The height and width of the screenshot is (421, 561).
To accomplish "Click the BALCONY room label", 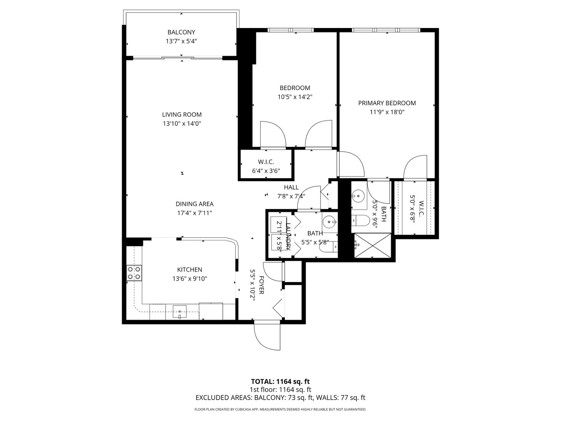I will click(x=181, y=32).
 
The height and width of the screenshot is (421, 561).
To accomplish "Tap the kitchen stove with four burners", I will click(x=134, y=272).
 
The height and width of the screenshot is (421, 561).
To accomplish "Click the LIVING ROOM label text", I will click(x=182, y=115).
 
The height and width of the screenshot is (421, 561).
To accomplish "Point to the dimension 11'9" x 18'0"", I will click(x=387, y=112).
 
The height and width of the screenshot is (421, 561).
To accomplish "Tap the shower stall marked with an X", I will click(x=372, y=246).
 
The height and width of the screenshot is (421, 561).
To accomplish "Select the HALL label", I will click(x=291, y=188).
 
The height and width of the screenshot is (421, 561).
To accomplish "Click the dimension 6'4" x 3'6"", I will click(x=266, y=171).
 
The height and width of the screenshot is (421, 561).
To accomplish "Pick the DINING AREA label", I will click(x=194, y=204).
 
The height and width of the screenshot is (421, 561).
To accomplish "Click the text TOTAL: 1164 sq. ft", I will click(x=280, y=381).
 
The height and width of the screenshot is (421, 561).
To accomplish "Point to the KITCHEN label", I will click(x=190, y=270).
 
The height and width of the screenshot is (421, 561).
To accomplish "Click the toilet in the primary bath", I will click(x=360, y=221).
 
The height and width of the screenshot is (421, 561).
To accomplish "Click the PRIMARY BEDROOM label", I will click(x=387, y=103).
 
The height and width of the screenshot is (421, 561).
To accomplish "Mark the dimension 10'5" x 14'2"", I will click(x=295, y=97).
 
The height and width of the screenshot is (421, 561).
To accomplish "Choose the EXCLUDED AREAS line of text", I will click(x=280, y=398).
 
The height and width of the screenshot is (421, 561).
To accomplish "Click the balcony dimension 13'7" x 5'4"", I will click(x=181, y=41).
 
